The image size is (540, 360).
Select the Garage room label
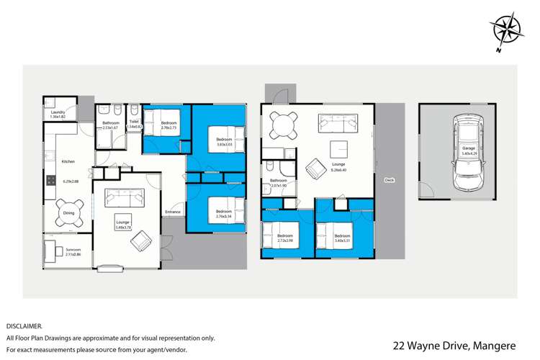point(469,149)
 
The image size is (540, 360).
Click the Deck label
point(390,180)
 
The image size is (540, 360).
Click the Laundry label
point(58,114)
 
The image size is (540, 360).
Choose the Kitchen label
point(68,161)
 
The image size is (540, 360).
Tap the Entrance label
point(173,212)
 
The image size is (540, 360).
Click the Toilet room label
point(135,122)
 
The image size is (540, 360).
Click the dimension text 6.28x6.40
point(338,171)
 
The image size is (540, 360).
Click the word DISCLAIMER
point(24,325)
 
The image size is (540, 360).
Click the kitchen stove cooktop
point(50,181)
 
